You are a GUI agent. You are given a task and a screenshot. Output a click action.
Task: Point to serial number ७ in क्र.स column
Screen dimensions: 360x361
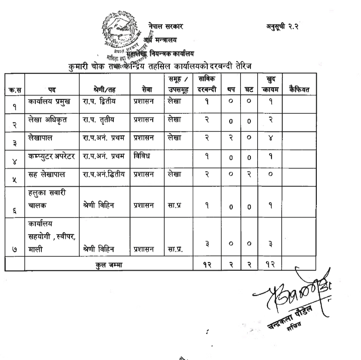pyautogui.click(x=15, y=249)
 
